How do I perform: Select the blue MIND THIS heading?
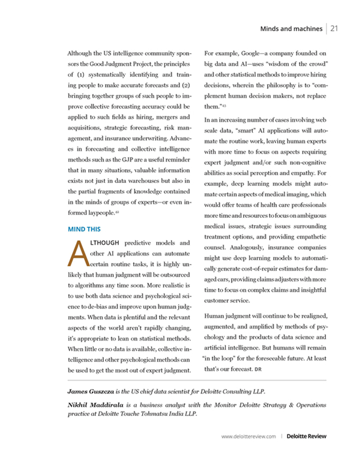click(x=85, y=229)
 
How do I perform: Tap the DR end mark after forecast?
click(x=259, y=368)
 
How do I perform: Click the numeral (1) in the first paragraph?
click(x=82, y=74)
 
